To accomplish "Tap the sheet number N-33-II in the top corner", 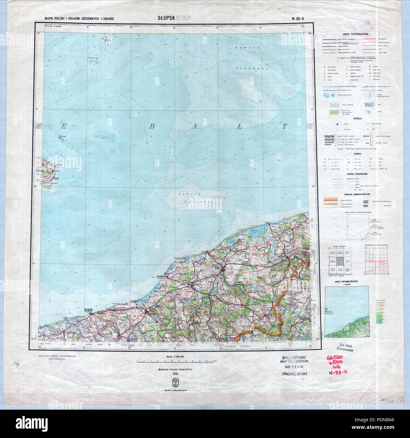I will pos(298,18).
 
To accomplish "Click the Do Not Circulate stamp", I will pos(345,347).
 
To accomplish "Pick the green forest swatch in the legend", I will pos(334,112).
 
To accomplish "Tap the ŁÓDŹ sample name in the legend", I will pos(366,200).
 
